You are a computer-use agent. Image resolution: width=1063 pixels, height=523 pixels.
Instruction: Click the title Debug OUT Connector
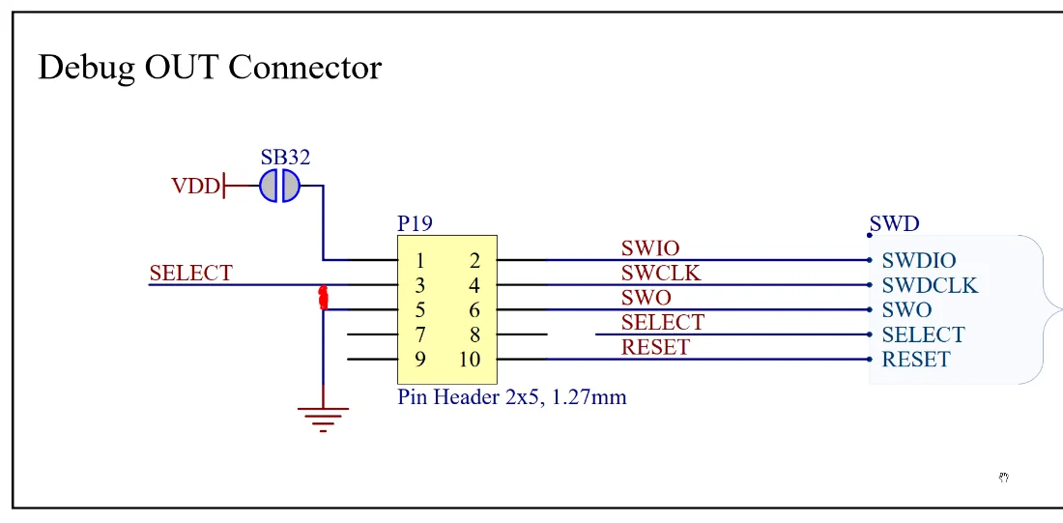tap(210, 68)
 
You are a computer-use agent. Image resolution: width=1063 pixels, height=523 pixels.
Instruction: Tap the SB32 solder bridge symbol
tap(279, 185)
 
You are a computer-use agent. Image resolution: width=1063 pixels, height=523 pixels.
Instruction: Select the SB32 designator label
tap(285, 157)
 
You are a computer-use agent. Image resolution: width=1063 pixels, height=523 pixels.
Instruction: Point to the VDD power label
tap(195, 186)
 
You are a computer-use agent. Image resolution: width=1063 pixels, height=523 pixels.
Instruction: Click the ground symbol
tap(323, 417)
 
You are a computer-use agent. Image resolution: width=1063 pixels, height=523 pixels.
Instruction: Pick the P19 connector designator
tap(416, 223)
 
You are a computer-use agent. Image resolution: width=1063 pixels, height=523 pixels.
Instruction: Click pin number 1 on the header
tap(421, 260)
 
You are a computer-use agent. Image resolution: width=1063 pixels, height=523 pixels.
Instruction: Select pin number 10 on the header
tap(470, 360)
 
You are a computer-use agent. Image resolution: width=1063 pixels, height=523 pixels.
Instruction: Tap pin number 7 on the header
tap(421, 334)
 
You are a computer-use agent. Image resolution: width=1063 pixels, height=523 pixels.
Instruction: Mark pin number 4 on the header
tap(474, 285)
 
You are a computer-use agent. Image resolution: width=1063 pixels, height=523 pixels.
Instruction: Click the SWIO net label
tap(650, 249)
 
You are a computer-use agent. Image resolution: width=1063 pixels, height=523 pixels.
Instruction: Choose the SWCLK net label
tap(661, 274)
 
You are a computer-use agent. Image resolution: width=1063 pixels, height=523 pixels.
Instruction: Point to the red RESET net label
tap(655, 347)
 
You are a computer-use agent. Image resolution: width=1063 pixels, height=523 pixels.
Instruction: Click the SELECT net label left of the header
tap(190, 274)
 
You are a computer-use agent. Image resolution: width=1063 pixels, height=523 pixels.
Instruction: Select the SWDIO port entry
tap(919, 261)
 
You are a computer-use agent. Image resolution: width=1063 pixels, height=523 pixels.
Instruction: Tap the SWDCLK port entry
tap(930, 285)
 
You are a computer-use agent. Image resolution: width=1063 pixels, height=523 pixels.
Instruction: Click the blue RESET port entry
tap(916, 360)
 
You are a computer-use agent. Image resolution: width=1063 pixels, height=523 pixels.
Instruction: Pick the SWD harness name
tap(896, 224)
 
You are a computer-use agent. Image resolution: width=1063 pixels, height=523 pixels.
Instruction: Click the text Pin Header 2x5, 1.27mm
tap(512, 396)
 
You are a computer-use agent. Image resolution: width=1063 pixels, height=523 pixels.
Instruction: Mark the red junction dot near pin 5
tap(323, 299)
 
